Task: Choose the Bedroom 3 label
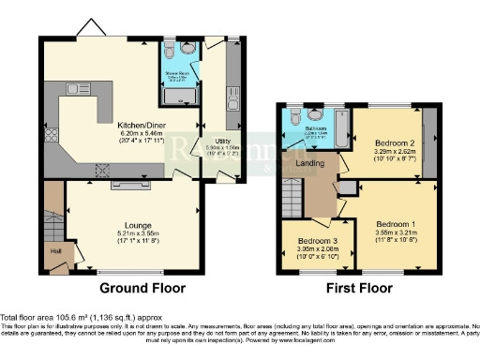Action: [x=311, y=240]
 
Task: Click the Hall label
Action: [x=54, y=249]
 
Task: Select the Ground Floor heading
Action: [x=142, y=288]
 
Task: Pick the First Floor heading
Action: [x=358, y=288]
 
